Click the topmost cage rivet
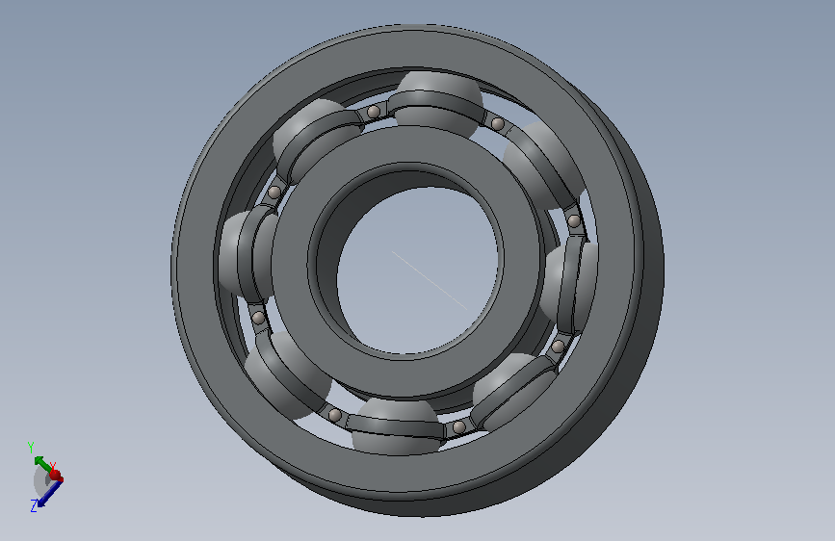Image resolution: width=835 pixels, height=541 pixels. tap(374, 112)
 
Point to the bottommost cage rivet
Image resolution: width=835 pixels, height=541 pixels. tap(458, 426)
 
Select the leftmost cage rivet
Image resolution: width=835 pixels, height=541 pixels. tap(258, 319)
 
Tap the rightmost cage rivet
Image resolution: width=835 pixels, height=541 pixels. tap(574, 220)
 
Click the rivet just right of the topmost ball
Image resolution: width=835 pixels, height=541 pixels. tap(498, 124)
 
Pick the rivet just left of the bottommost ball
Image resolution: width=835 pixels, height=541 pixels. tap(335, 415)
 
